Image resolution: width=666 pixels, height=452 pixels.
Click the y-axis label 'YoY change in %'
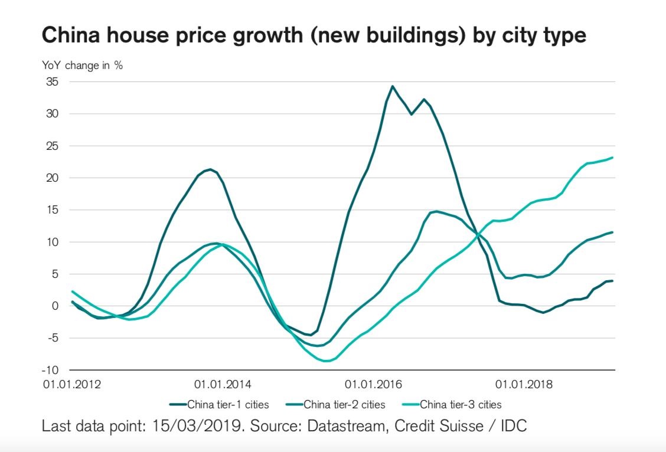pyautogui.click(x=82, y=65)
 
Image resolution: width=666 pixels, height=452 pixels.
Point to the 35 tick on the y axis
pyautogui.click(x=53, y=81)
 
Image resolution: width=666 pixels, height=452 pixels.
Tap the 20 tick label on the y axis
pyautogui.click(x=53, y=178)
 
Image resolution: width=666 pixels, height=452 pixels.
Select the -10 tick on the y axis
pyautogui.click(x=51, y=370)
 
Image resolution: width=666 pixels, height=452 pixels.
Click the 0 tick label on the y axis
pyautogui.click(x=56, y=306)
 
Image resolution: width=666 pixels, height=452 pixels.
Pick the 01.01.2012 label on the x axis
pyautogui.click(x=72, y=385)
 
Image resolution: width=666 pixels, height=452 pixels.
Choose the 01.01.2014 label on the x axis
pyautogui.click(x=223, y=385)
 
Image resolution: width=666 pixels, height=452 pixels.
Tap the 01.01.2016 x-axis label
pyautogui.click(x=373, y=385)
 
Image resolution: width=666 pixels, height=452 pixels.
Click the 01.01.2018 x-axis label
pyautogui.click(x=524, y=385)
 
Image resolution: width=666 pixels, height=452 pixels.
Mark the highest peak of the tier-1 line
pyautogui.click(x=392, y=86)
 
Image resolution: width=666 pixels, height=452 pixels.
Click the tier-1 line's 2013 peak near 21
pyautogui.click(x=210, y=169)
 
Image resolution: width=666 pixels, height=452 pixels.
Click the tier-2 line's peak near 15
pyautogui.click(x=436, y=211)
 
